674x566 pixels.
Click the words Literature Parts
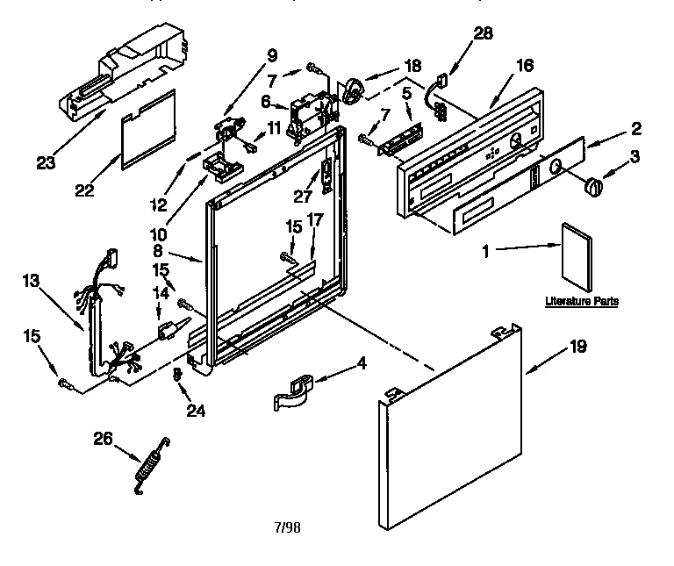[581, 301]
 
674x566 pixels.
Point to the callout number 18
[412, 65]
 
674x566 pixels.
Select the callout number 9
[271, 54]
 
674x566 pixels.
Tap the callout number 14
[160, 292]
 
